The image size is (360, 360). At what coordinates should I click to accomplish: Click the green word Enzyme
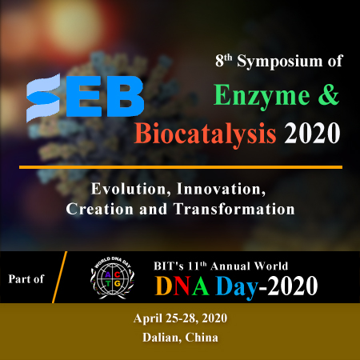(262, 97)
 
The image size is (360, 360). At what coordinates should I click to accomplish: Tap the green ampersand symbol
(329, 94)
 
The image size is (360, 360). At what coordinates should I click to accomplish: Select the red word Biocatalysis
(205, 134)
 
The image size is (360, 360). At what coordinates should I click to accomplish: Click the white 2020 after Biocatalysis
(312, 134)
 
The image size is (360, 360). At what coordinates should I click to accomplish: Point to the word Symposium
(280, 62)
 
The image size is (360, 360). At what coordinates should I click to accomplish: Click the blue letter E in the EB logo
(83, 97)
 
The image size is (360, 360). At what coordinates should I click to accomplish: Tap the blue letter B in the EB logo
(126, 97)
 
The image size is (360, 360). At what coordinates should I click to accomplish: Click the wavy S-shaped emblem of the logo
(43, 98)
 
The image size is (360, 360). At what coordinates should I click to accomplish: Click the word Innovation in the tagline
(222, 189)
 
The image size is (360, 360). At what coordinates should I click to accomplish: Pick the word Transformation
(234, 209)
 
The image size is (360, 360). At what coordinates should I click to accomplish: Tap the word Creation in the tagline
(100, 209)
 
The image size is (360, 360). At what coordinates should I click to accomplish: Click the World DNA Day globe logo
(112, 278)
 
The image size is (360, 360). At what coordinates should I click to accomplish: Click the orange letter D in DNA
(163, 286)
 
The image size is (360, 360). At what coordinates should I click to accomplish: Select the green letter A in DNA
(200, 286)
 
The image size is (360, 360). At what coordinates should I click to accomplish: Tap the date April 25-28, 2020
(180, 318)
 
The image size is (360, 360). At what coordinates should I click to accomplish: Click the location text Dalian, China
(180, 338)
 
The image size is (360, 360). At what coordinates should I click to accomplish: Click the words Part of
(26, 279)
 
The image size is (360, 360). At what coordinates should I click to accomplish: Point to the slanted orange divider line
(59, 277)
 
